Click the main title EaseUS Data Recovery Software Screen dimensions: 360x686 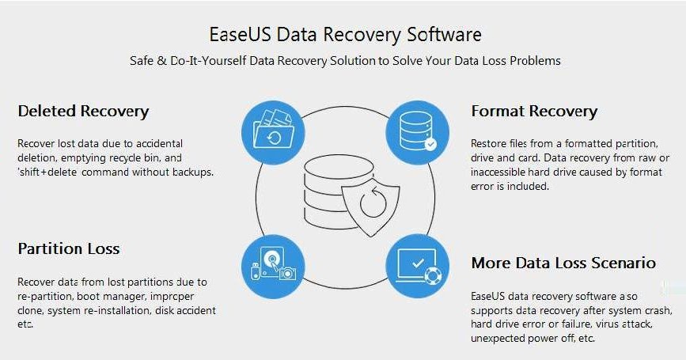344,34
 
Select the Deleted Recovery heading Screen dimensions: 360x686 83,111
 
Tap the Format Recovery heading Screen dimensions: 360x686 534,111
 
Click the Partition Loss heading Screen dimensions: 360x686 69,248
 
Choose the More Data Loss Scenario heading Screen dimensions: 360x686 563,262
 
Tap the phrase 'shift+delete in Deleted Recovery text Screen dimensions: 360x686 47,172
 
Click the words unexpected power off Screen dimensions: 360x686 521,338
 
